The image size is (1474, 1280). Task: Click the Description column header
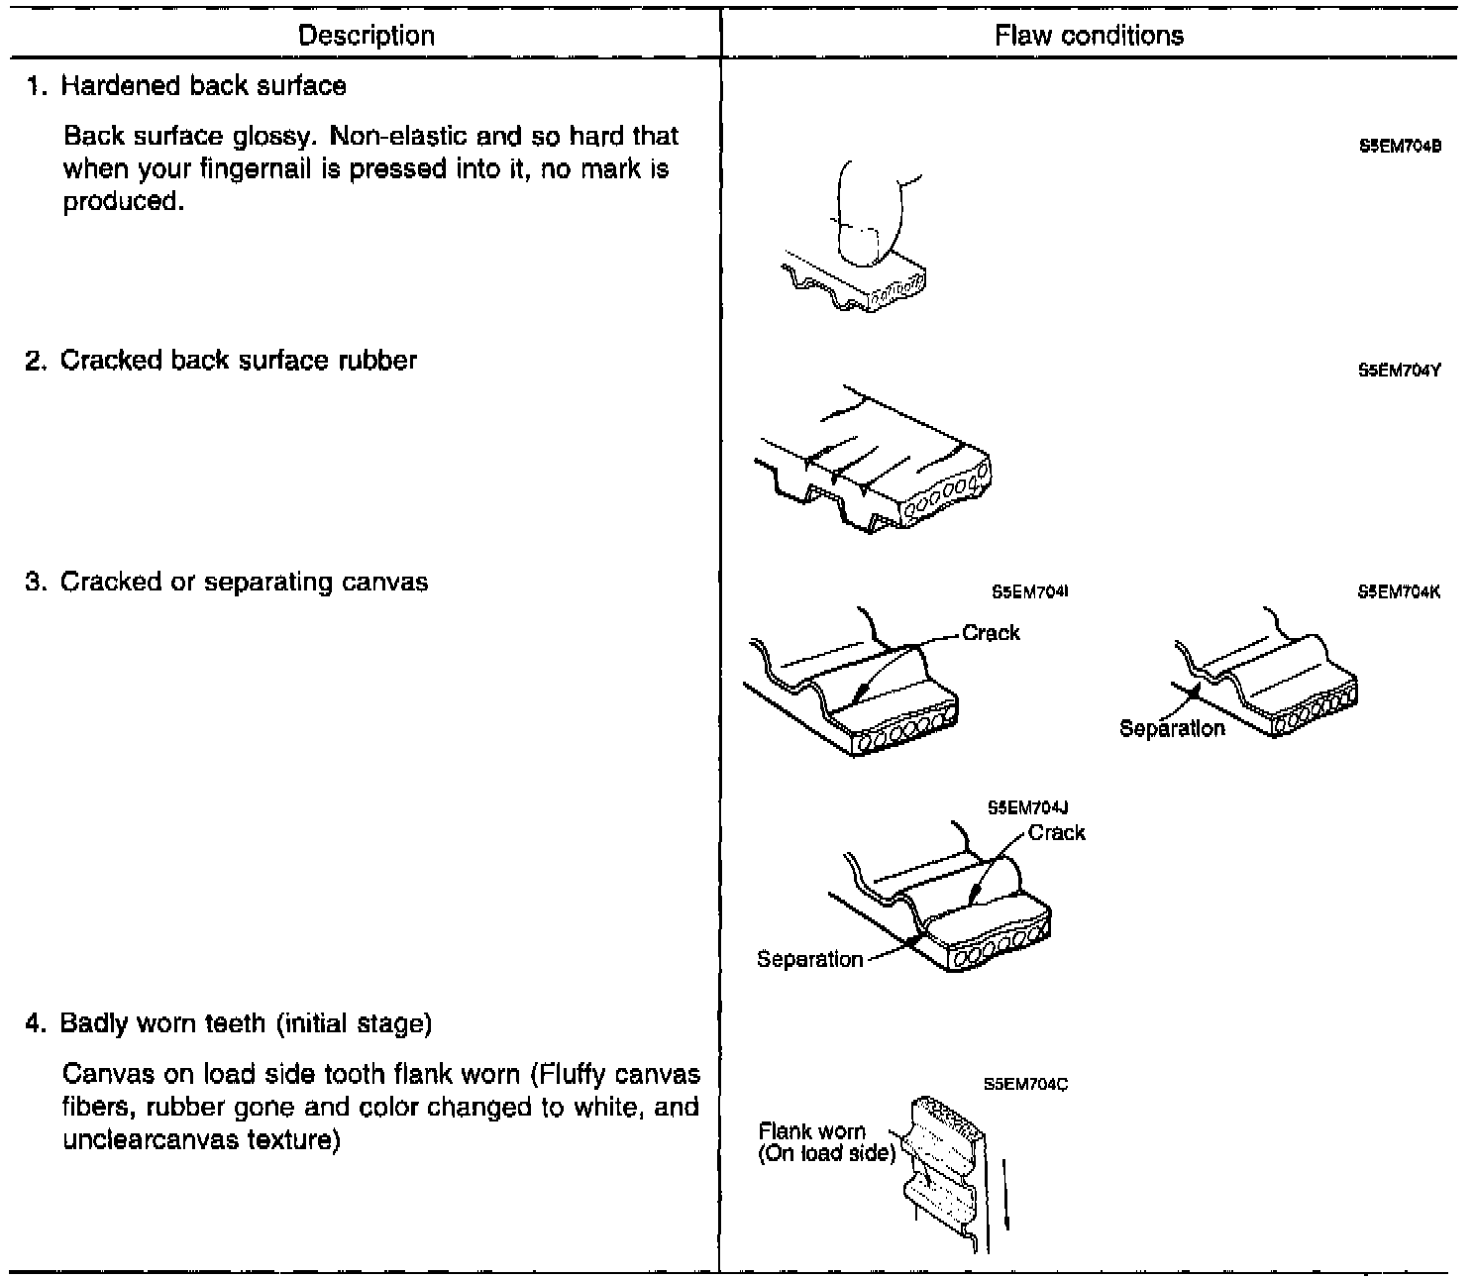pos(366,37)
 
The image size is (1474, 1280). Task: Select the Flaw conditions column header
pos(1089,37)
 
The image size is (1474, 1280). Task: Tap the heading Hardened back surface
pos(203,86)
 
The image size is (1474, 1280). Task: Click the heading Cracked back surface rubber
pos(238,360)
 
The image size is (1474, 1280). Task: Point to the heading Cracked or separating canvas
pos(244,582)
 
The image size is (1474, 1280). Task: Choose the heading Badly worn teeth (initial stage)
pos(246,1022)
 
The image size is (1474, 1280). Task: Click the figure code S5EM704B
pos(1399,147)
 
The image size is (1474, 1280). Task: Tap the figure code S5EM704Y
pos(1399,371)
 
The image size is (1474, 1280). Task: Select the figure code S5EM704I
pos(1029,592)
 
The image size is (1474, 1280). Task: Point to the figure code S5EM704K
pos(1399,592)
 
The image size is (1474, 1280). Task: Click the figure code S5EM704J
pos(1027,808)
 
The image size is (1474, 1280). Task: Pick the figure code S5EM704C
pos(1025,1085)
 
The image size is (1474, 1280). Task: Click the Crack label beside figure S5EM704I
pos(991,633)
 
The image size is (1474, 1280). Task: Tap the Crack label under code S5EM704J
pos(1056,833)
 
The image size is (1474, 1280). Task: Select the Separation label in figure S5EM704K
pos(1172,728)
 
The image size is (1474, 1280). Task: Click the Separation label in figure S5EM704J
pos(809,959)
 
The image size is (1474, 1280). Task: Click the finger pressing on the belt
pos(869,213)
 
